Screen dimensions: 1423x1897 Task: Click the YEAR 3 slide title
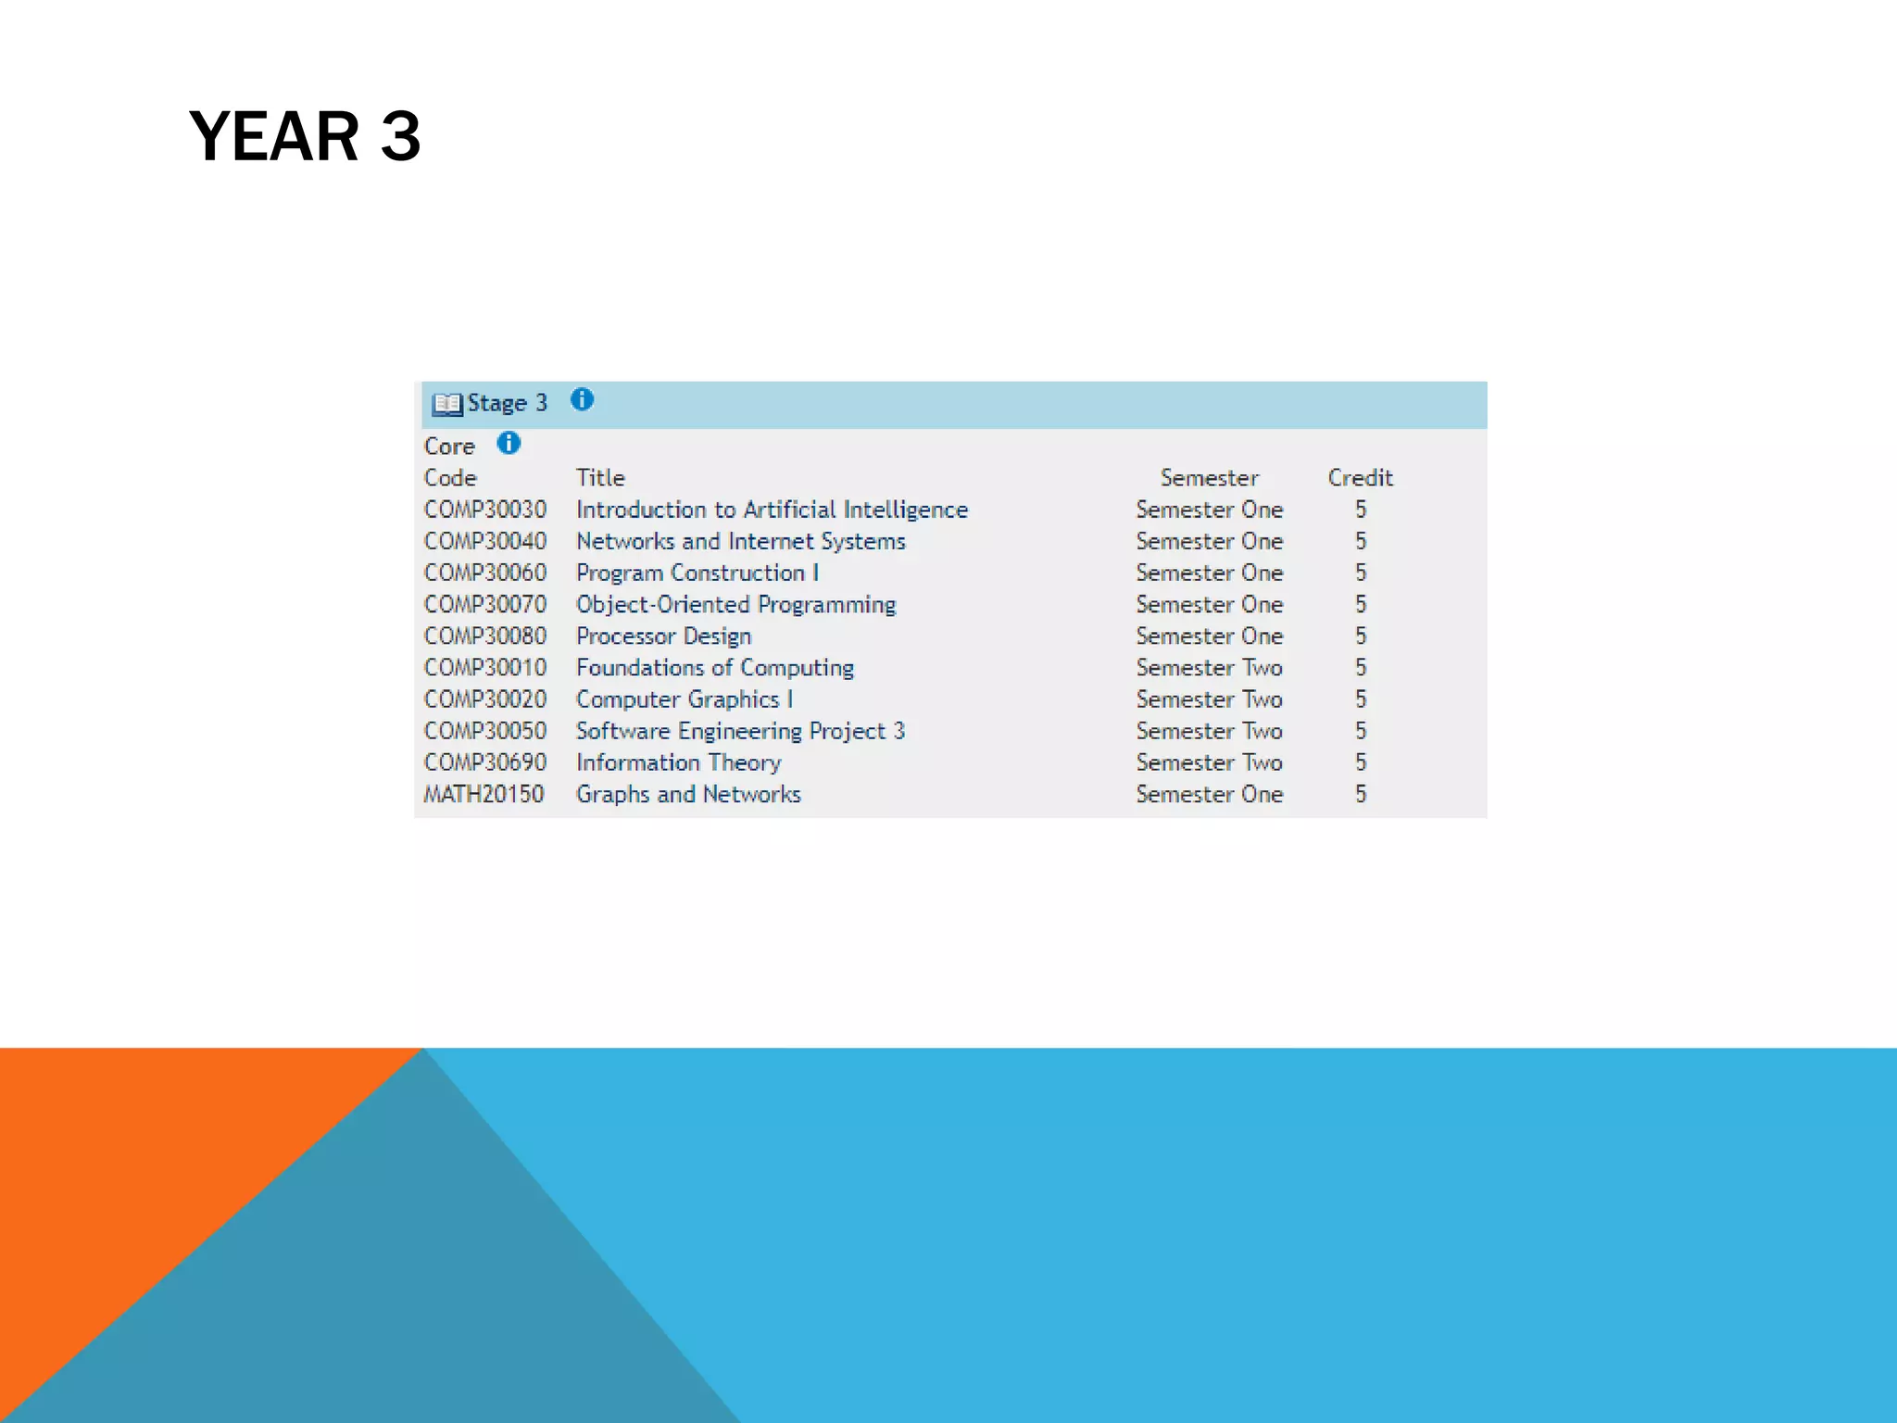tap(305, 136)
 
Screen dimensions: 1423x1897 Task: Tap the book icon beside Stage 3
tap(447, 404)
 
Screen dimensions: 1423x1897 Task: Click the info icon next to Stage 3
tap(582, 399)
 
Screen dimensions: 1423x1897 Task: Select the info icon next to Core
tap(509, 444)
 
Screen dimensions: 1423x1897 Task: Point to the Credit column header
tap(1360, 478)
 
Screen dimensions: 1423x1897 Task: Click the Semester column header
tap(1209, 478)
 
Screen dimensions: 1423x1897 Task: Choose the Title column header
tap(600, 478)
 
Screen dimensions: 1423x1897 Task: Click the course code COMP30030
tap(485, 510)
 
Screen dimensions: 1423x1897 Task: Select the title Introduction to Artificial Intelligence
tap(772, 510)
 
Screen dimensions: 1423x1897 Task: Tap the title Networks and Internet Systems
tap(740, 541)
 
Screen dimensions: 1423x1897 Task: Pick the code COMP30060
tap(485, 573)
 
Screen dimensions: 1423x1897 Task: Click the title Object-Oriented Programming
tap(735, 605)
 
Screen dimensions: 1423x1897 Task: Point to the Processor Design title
tap(663, 636)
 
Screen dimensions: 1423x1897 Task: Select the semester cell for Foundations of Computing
tap(1209, 668)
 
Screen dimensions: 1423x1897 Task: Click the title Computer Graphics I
tap(685, 699)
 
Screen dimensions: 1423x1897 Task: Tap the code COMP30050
tap(485, 731)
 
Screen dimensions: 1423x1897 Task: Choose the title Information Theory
tap(678, 762)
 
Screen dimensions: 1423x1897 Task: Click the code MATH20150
tap(484, 794)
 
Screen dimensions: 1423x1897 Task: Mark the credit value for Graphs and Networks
tap(1360, 794)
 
